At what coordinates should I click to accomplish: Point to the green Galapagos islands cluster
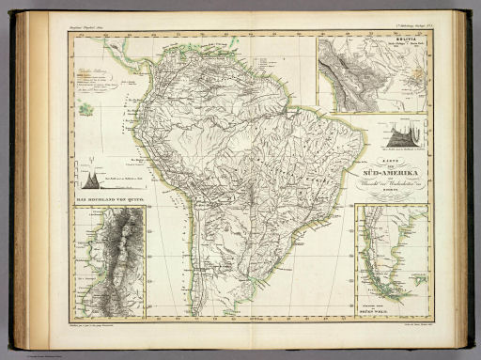pos(88,110)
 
